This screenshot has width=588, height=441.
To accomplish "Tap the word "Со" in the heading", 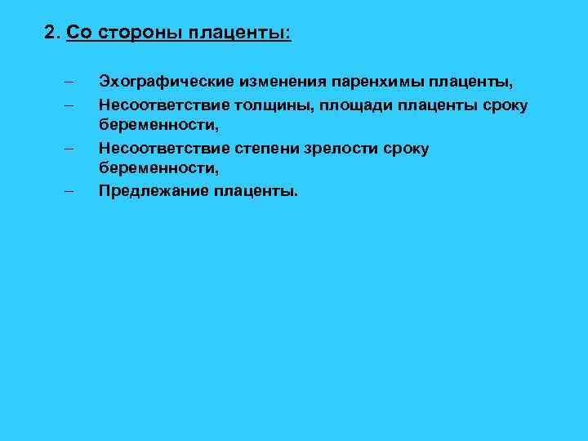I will tap(78, 33).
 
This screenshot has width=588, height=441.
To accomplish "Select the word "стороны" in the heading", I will tap(138, 33).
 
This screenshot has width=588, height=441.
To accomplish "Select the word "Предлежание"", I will tap(153, 192).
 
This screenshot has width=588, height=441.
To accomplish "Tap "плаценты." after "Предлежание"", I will tap(256, 192).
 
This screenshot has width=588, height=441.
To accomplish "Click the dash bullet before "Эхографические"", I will tap(67, 82).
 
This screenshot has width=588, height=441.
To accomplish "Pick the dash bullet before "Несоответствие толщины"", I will tap(67, 105).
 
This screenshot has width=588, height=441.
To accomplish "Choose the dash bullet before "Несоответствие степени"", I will tap(67, 148).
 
